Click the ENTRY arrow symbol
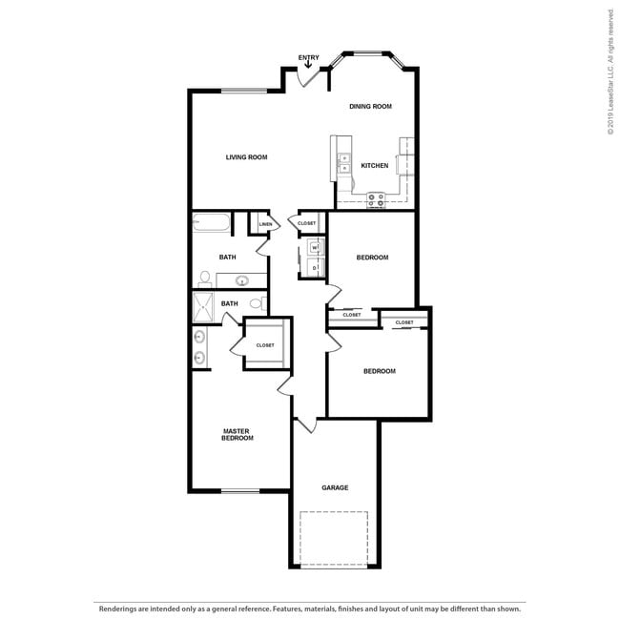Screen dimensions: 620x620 coord(308,65)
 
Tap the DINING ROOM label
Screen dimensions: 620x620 coord(370,107)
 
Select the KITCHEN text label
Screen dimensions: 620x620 coord(374,166)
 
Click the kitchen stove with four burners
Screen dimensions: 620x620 coord(376,200)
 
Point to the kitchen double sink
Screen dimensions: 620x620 coord(344,163)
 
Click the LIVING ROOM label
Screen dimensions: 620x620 coord(246,157)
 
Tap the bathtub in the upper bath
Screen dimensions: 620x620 coord(212,225)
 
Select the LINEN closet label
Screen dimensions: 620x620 coord(265,225)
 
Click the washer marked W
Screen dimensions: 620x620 coord(314,248)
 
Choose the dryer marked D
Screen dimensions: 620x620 coord(314,268)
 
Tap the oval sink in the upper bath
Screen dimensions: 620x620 coord(242,280)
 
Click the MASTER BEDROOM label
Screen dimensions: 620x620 coord(238,434)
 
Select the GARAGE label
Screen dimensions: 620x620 coord(335,487)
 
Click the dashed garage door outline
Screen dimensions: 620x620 coord(334,539)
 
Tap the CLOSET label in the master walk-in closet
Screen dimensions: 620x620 coord(265,345)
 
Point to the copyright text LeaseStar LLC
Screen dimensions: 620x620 coord(610,72)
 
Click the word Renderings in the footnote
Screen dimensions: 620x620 coord(118,607)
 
